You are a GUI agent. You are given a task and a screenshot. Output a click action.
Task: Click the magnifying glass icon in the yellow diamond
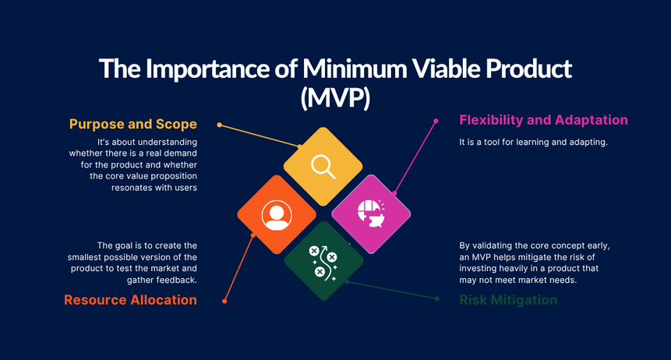click(323, 166)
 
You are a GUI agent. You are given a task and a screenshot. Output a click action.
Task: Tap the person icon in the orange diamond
click(276, 214)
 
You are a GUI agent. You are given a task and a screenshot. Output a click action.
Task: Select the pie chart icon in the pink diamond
click(370, 214)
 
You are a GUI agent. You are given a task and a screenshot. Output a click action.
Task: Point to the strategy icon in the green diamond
click(323, 261)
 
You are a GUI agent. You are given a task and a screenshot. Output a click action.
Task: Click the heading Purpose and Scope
click(132, 124)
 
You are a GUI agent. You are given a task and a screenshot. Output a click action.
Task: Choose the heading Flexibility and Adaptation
click(543, 120)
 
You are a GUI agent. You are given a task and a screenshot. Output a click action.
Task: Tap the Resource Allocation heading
click(130, 300)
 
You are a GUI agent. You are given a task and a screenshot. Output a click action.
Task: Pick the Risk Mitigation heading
click(508, 300)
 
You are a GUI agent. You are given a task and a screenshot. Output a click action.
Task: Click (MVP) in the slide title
click(335, 97)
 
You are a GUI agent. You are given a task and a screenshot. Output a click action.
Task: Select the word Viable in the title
click(457, 69)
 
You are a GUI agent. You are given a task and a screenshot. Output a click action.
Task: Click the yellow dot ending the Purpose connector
click(220, 125)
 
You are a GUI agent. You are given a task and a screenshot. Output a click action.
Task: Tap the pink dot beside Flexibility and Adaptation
click(436, 121)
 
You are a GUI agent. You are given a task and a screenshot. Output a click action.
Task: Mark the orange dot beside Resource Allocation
click(224, 301)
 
